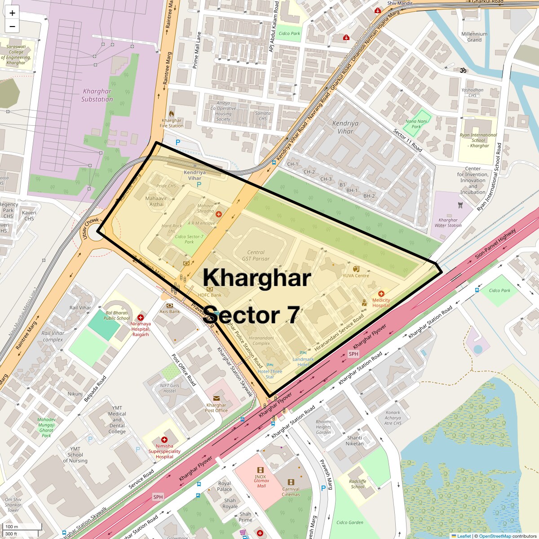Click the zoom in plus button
tap(12, 13)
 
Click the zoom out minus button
tap(12, 27)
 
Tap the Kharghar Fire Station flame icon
tap(171, 114)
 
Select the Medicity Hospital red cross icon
tap(381, 294)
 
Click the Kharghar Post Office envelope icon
tap(216, 398)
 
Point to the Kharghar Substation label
tap(97, 95)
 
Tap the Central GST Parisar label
tap(256, 256)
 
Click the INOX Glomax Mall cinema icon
tap(261, 470)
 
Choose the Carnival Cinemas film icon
tap(291, 482)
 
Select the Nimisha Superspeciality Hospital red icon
tap(164, 440)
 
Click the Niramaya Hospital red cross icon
tap(141, 318)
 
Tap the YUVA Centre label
tap(356, 275)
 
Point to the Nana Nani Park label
tap(416, 124)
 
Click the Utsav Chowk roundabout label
tap(91, 228)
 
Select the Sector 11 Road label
tap(407, 140)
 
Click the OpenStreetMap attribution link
tap(495, 536)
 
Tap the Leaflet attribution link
tap(464, 536)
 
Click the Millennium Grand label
tap(474, 37)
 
